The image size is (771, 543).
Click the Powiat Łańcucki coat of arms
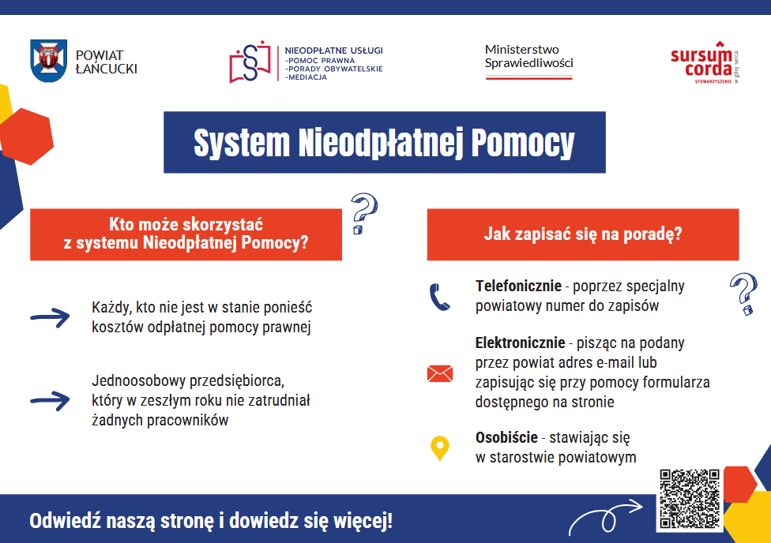(x=48, y=61)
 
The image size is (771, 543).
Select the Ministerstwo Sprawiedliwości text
(x=528, y=56)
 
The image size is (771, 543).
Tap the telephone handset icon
(x=439, y=298)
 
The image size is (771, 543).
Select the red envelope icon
(x=439, y=373)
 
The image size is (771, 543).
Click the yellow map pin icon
(x=439, y=448)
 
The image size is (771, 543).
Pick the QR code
(x=690, y=500)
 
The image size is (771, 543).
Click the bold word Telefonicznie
(x=518, y=286)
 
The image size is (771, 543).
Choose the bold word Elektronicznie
(x=520, y=343)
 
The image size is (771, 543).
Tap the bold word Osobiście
(x=506, y=437)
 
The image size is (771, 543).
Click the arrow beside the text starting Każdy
(x=50, y=317)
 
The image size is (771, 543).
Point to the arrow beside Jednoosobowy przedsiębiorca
(x=50, y=400)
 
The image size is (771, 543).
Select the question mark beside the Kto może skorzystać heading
(x=363, y=213)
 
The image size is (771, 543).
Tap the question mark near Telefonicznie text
(x=743, y=294)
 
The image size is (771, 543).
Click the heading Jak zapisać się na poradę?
(x=583, y=234)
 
